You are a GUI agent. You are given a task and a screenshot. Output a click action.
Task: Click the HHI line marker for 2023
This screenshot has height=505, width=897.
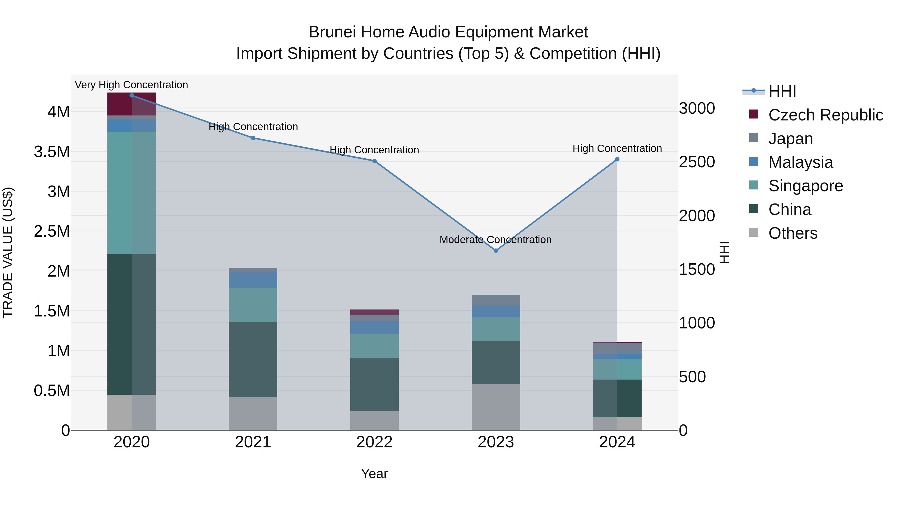click(496, 251)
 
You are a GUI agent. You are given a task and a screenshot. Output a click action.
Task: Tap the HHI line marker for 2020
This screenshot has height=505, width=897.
click(132, 96)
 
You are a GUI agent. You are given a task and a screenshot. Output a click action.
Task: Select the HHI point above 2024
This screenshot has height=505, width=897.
click(617, 159)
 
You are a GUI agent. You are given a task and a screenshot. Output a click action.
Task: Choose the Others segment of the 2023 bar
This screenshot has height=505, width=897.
click(496, 407)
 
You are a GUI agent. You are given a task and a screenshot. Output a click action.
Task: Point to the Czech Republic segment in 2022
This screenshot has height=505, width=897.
click(374, 312)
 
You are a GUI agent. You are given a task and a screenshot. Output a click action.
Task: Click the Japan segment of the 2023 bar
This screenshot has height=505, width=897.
click(496, 300)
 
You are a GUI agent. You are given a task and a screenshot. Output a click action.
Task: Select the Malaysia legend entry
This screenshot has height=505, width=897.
click(800, 162)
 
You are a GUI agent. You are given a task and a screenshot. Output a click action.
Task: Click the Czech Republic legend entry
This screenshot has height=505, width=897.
click(825, 115)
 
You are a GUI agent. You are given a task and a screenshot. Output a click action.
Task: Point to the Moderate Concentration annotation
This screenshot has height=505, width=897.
click(496, 240)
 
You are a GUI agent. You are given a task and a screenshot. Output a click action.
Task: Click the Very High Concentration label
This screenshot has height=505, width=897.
click(131, 85)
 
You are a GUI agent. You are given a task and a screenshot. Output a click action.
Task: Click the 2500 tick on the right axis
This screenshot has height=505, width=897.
click(697, 162)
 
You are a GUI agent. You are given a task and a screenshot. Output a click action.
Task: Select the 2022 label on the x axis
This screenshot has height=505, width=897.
click(374, 442)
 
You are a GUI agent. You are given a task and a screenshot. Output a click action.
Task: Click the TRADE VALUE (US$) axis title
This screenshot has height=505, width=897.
click(8, 252)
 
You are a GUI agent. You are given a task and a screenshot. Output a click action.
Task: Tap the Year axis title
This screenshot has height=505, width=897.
click(374, 474)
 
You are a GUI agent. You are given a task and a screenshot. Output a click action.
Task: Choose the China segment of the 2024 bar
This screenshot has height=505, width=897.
click(617, 398)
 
